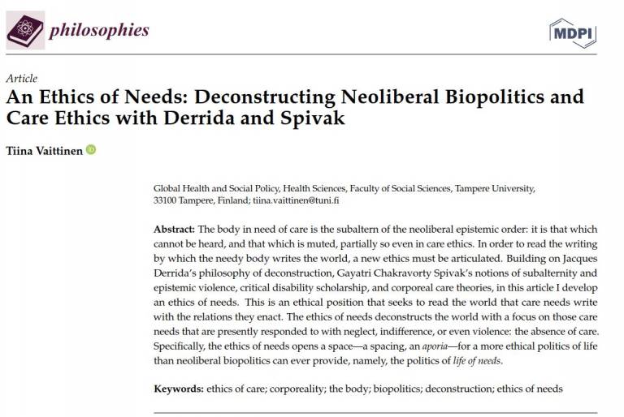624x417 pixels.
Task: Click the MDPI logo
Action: [x=573, y=33]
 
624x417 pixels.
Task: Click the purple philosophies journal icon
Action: [x=25, y=31]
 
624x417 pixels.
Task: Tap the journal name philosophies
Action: [x=99, y=31]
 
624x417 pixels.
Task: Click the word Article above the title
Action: [x=21, y=79]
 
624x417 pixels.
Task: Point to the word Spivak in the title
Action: [x=318, y=119]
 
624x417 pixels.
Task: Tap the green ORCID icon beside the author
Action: [x=90, y=149]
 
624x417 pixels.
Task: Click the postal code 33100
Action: [x=167, y=200]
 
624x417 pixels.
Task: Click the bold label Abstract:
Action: [x=175, y=230]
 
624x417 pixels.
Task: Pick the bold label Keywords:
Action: [x=179, y=389]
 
